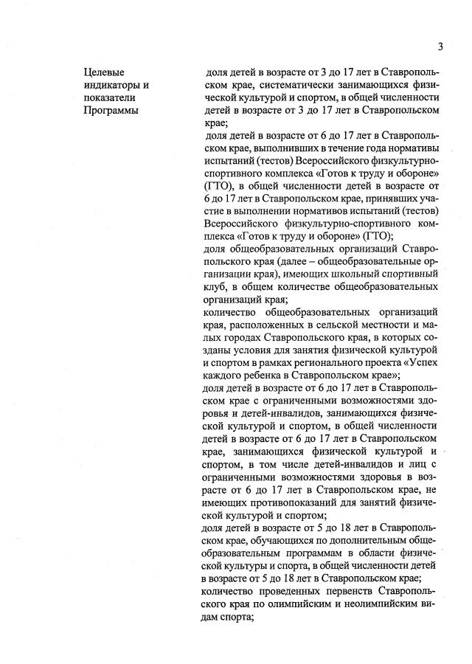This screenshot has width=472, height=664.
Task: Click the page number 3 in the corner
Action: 440,47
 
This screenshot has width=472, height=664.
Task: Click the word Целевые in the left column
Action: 104,72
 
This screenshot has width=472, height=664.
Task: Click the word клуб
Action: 214,287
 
